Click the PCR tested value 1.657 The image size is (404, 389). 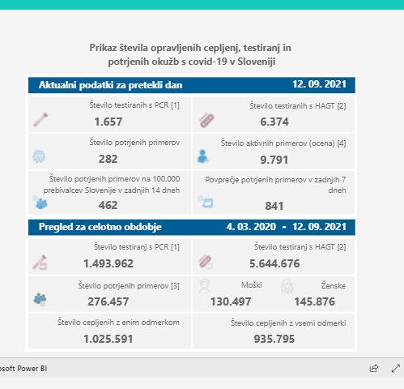(x=108, y=122)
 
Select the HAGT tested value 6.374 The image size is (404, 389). (x=274, y=122)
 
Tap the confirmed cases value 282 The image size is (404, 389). (x=108, y=159)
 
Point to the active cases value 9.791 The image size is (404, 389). (x=274, y=160)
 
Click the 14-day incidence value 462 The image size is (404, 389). (x=108, y=205)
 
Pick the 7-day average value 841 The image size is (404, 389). (x=274, y=206)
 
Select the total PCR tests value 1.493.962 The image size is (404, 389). (x=108, y=263)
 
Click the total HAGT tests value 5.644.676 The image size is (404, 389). (x=274, y=263)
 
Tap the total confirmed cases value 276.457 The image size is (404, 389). (x=108, y=301)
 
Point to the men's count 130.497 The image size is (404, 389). (x=231, y=301)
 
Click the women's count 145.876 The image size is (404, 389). (x=315, y=301)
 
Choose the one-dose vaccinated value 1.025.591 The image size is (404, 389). (x=108, y=339)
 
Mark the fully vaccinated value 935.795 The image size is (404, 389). (x=274, y=339)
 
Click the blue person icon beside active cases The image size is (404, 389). (x=202, y=156)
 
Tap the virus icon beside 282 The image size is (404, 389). (x=39, y=156)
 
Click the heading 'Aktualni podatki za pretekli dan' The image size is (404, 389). (x=110, y=85)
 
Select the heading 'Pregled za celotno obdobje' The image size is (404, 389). (x=100, y=227)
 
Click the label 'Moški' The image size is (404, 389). (x=252, y=285)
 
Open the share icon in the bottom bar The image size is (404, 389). (x=374, y=368)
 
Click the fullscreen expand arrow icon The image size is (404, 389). (x=396, y=368)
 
